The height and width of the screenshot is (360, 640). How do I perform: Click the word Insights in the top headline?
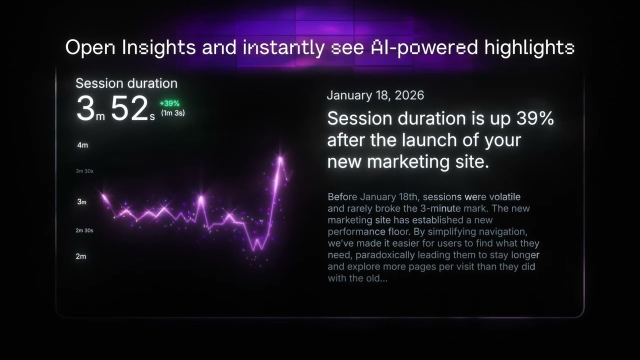(x=158, y=48)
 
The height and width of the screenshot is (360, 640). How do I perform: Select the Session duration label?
(x=126, y=83)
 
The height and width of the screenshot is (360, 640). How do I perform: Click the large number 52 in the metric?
(x=129, y=109)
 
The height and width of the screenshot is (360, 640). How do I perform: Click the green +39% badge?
(x=169, y=103)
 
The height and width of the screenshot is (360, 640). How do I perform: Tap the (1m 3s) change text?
(x=172, y=113)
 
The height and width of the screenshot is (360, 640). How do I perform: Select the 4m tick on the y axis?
(x=82, y=145)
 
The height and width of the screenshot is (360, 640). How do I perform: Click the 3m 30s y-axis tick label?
(x=84, y=171)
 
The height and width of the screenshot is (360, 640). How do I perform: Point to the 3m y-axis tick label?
(x=81, y=202)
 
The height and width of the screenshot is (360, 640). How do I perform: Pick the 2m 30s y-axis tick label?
(x=84, y=230)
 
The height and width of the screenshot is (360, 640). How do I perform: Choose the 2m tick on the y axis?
(x=80, y=256)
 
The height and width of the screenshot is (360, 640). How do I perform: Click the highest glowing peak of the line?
(x=280, y=158)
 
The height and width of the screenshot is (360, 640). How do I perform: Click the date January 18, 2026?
(x=375, y=95)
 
